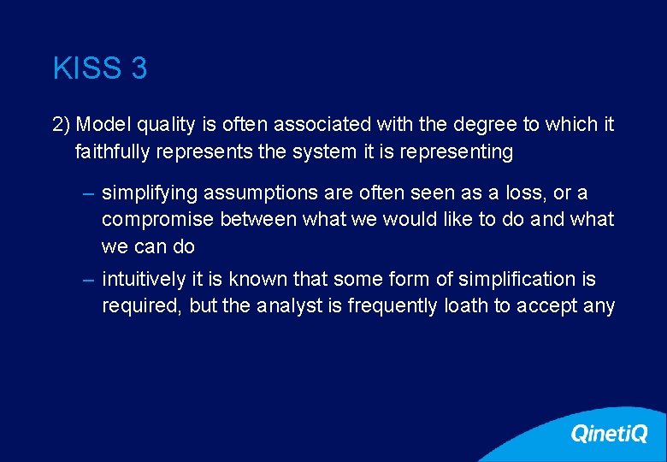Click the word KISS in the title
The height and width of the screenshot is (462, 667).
(88, 68)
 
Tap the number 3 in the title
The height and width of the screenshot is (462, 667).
(139, 68)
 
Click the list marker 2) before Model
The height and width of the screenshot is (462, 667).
(61, 125)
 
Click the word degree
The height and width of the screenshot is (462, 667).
(480, 125)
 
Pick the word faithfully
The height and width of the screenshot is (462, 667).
(111, 152)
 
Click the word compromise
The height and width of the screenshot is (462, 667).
(156, 220)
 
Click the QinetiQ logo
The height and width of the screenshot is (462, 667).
(609, 435)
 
